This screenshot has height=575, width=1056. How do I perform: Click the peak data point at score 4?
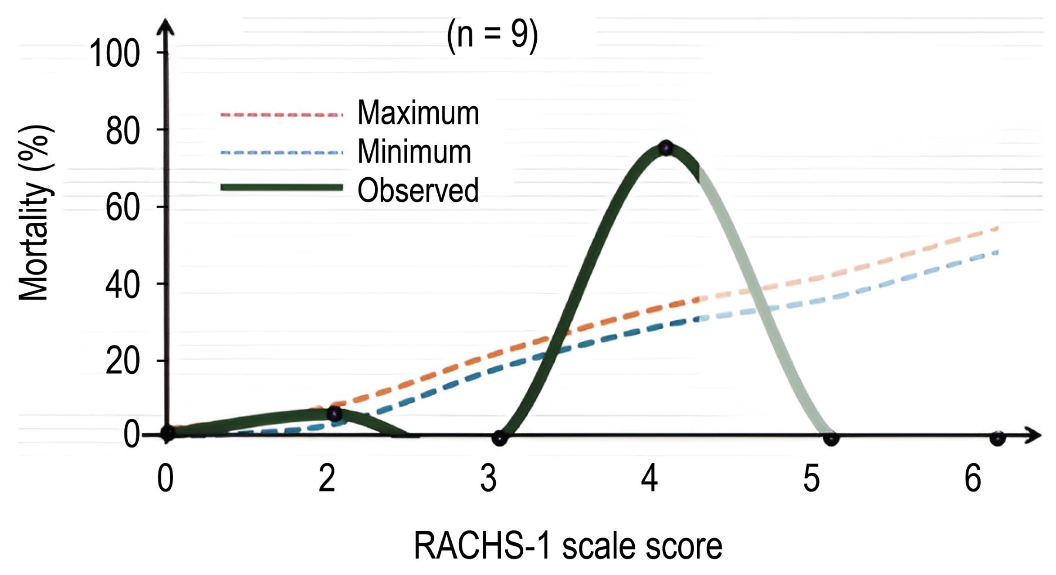click(x=665, y=148)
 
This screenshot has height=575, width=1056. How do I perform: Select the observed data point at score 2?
click(x=334, y=414)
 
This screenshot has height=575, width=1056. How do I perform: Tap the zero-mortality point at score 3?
click(x=499, y=438)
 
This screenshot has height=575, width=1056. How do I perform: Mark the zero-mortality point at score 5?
click(x=831, y=438)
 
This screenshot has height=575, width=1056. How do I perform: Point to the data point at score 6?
click(x=997, y=438)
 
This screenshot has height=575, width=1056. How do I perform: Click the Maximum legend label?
click(x=418, y=113)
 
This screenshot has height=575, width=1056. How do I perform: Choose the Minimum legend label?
click(x=414, y=151)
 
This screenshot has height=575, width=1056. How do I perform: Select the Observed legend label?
click(x=418, y=190)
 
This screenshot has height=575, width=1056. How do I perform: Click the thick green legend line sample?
click(x=282, y=187)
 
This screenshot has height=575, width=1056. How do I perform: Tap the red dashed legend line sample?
click(x=282, y=114)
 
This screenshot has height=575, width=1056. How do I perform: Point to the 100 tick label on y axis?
click(x=114, y=53)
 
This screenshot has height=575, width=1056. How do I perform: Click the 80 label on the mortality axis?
click(x=123, y=130)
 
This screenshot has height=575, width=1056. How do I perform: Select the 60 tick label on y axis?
click(x=123, y=207)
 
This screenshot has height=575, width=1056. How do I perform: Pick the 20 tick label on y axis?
click(x=123, y=361)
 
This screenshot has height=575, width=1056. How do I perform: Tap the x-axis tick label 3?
click(x=489, y=478)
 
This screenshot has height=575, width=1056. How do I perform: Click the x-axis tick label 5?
click(x=811, y=478)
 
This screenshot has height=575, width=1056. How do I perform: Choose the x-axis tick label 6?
click(x=973, y=478)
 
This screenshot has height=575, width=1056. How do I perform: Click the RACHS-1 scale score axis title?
click(x=568, y=546)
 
